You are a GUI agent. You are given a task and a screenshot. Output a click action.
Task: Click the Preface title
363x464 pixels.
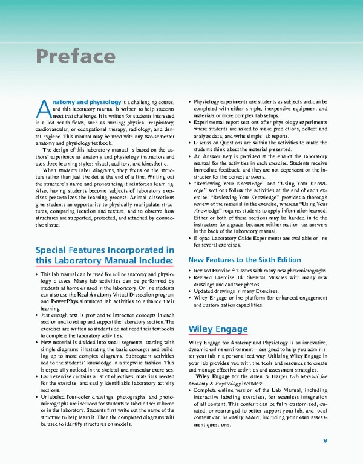pyautogui.click(x=75, y=56)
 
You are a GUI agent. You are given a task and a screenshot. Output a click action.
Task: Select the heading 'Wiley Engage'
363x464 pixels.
pyautogui.click(x=218, y=329)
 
